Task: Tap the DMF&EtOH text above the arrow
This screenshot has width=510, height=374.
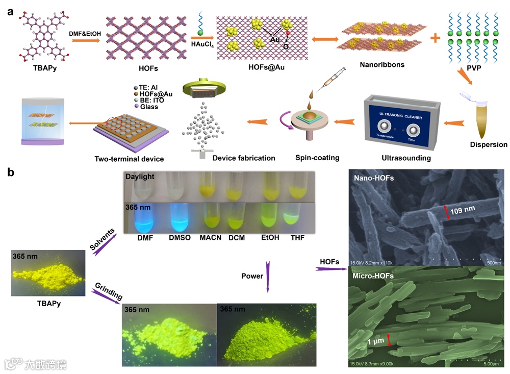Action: pos(85,33)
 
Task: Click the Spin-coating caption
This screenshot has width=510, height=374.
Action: pos(317,158)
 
